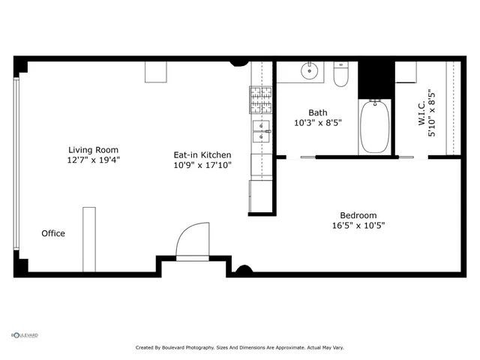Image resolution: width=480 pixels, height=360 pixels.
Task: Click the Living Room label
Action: click(94, 149)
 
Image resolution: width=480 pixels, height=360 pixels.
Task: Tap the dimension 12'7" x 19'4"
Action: click(94, 160)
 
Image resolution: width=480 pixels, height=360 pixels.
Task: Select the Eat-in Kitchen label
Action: click(202, 154)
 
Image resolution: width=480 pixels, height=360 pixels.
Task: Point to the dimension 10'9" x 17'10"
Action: click(202, 165)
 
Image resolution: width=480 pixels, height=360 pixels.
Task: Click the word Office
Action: click(53, 233)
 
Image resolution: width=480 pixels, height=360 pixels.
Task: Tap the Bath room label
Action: click(318, 112)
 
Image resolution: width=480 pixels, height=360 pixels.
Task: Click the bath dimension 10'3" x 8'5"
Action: click(318, 123)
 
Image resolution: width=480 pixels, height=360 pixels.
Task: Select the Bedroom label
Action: click(358, 214)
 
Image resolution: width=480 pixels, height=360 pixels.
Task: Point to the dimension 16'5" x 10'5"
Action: click(358, 225)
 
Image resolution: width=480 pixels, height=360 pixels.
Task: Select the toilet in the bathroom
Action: click(341, 75)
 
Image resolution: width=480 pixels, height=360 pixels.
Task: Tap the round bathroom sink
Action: click(309, 72)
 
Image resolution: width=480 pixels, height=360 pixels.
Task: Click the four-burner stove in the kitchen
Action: click(260, 95)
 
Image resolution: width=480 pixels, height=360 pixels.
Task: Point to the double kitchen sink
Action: click(261, 130)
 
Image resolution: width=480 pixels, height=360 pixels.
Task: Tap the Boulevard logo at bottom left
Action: click(24, 335)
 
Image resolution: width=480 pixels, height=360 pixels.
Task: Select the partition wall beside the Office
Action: click(89, 239)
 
